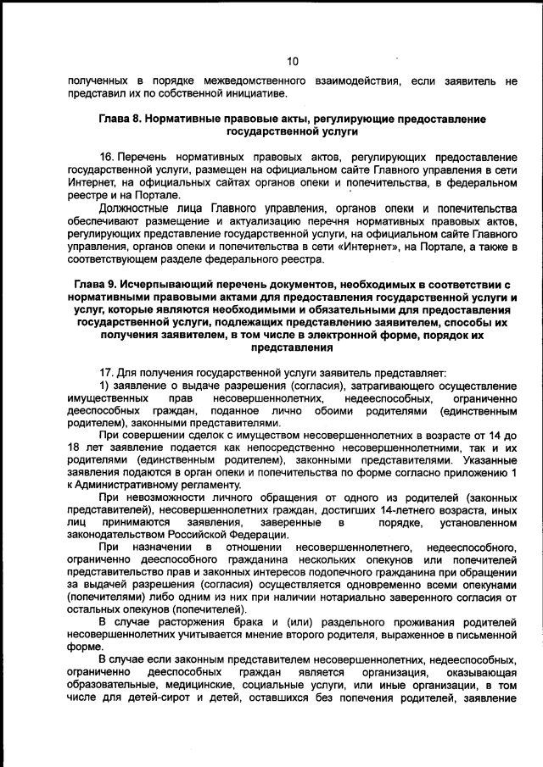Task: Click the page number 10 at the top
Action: (292, 61)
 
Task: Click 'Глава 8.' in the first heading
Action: (124, 119)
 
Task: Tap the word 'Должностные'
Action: (132, 208)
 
